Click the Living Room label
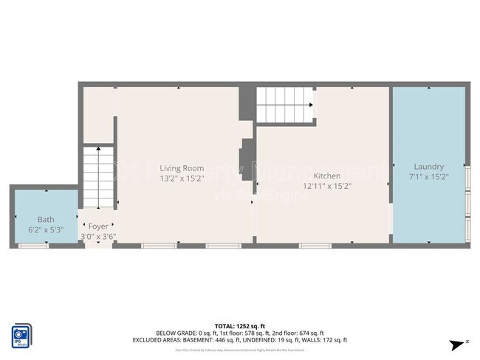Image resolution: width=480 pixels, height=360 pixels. tap(182, 168)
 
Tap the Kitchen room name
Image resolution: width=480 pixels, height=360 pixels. tap(326, 176)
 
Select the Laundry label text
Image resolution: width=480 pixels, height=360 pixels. tap(428, 167)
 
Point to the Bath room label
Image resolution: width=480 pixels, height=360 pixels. tap(46, 220)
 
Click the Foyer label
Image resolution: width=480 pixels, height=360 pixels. tap(98, 226)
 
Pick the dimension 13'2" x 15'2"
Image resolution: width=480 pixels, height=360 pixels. tap(182, 179)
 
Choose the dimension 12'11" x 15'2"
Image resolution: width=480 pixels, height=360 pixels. tap(326, 186)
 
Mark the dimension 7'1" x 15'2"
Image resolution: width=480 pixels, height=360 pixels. tap(428, 177)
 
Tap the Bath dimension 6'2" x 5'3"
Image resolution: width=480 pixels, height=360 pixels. tap(46, 230)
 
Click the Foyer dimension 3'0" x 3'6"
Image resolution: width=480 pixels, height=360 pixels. tap(98, 237)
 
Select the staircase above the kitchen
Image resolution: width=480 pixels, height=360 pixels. tap(284, 105)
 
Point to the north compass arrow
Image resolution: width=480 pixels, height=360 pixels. tap(459, 345)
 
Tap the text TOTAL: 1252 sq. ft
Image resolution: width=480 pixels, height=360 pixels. tap(239, 325)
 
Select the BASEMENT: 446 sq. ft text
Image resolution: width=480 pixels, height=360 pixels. tap(203, 340)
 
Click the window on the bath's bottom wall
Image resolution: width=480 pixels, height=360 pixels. tap(33, 245)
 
